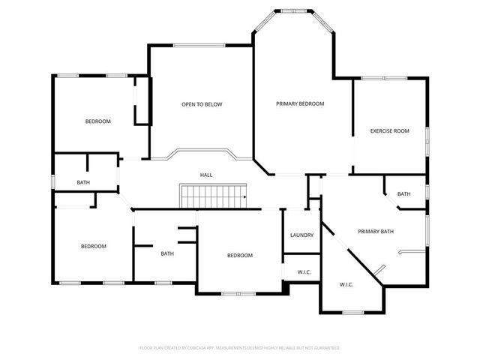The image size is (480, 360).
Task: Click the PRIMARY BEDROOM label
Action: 300,103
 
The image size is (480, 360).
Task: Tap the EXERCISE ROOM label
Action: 390,131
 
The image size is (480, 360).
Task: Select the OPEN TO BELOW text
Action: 202,104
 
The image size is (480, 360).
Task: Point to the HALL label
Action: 206,175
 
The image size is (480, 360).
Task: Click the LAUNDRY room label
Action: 301,235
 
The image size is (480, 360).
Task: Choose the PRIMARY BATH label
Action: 376,232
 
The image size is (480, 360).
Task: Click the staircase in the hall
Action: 213,196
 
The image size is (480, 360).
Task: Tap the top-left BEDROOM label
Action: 97,121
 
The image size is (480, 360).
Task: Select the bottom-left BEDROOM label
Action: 94,246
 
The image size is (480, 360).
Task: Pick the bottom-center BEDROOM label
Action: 240,256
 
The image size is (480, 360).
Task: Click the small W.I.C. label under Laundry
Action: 304,271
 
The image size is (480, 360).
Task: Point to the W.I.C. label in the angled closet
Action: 346,284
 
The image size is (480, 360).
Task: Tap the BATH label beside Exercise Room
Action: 404,194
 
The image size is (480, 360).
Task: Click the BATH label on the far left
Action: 84,182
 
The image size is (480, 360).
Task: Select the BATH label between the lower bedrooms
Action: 168,253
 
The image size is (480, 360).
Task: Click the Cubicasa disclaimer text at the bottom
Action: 240,348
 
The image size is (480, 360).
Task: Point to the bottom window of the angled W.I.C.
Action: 352,312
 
